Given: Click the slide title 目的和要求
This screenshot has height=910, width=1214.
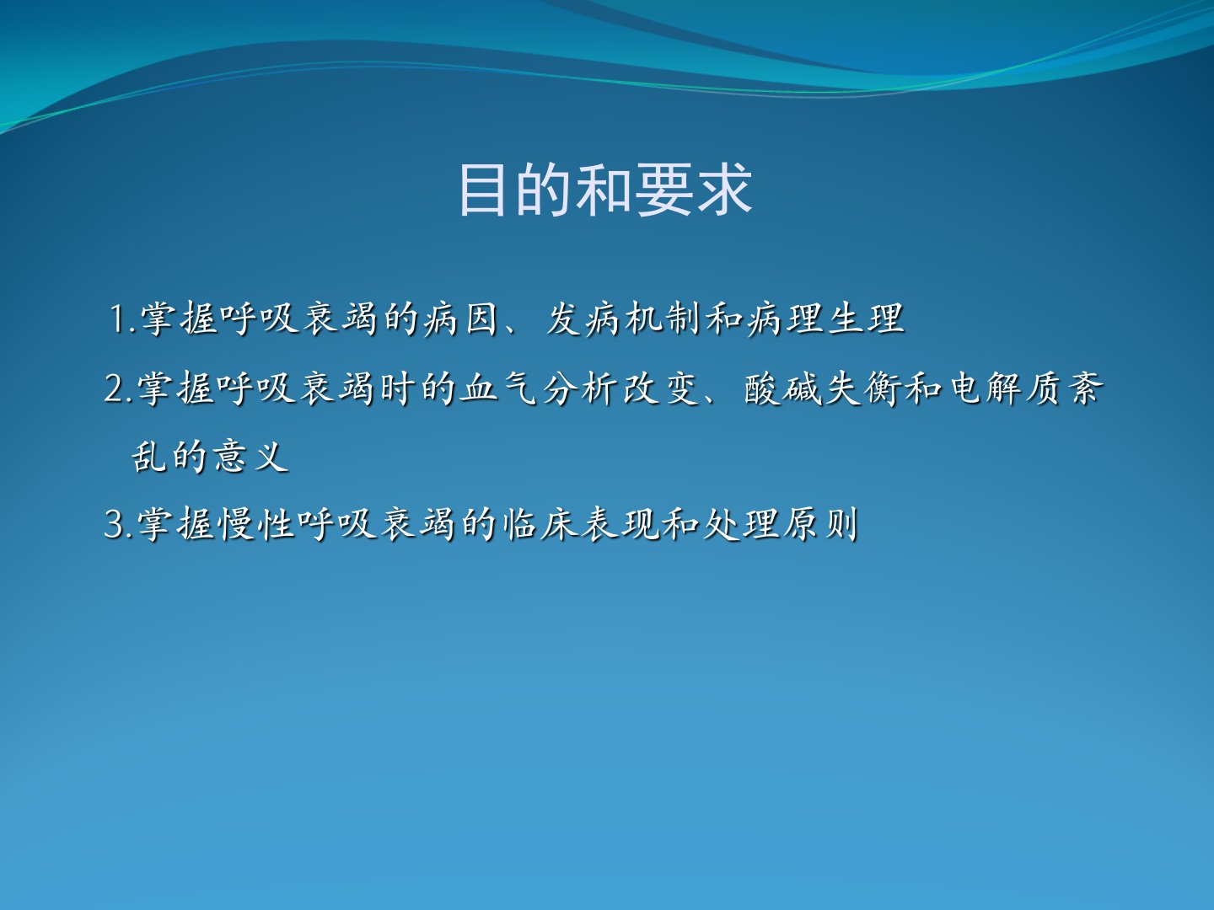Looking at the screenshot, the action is coord(605,190).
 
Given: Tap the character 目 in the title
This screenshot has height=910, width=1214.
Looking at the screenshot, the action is coord(482,190).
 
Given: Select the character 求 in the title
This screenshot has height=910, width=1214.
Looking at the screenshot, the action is coord(724,190).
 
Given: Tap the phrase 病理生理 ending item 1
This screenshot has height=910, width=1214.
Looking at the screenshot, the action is coord(825,319).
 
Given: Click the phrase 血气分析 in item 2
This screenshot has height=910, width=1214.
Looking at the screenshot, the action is coord(539,388).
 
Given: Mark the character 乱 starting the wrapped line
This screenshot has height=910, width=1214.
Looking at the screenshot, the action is coord(149,457).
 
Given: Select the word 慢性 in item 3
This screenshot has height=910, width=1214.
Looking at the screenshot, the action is coord(256,524).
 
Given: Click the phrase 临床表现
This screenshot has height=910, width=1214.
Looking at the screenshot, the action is coord(580,524).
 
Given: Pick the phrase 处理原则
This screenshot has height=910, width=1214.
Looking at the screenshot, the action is coord(780,524).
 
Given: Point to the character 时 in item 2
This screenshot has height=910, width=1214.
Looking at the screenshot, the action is coord(398,388).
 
